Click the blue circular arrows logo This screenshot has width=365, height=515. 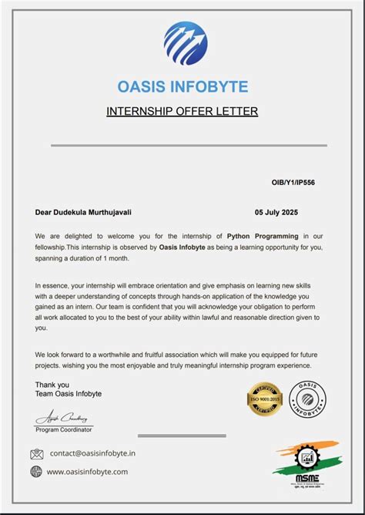185,43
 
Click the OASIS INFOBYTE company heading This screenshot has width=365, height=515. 182,87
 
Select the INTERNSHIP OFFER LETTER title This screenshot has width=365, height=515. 182,112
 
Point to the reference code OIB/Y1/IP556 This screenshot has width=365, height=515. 293,183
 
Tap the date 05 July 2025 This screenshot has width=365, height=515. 276,212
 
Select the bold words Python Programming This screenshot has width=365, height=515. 262,236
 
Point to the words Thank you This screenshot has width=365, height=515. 52,384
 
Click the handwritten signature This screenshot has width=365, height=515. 62,416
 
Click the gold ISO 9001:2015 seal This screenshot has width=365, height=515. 265,399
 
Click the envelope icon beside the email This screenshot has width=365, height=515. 36,454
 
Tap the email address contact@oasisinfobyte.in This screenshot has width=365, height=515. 92,454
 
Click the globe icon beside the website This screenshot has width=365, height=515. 36,472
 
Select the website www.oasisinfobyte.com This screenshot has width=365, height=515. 87,472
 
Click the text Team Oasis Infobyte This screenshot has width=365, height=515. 68,394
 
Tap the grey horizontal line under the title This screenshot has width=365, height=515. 189,145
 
